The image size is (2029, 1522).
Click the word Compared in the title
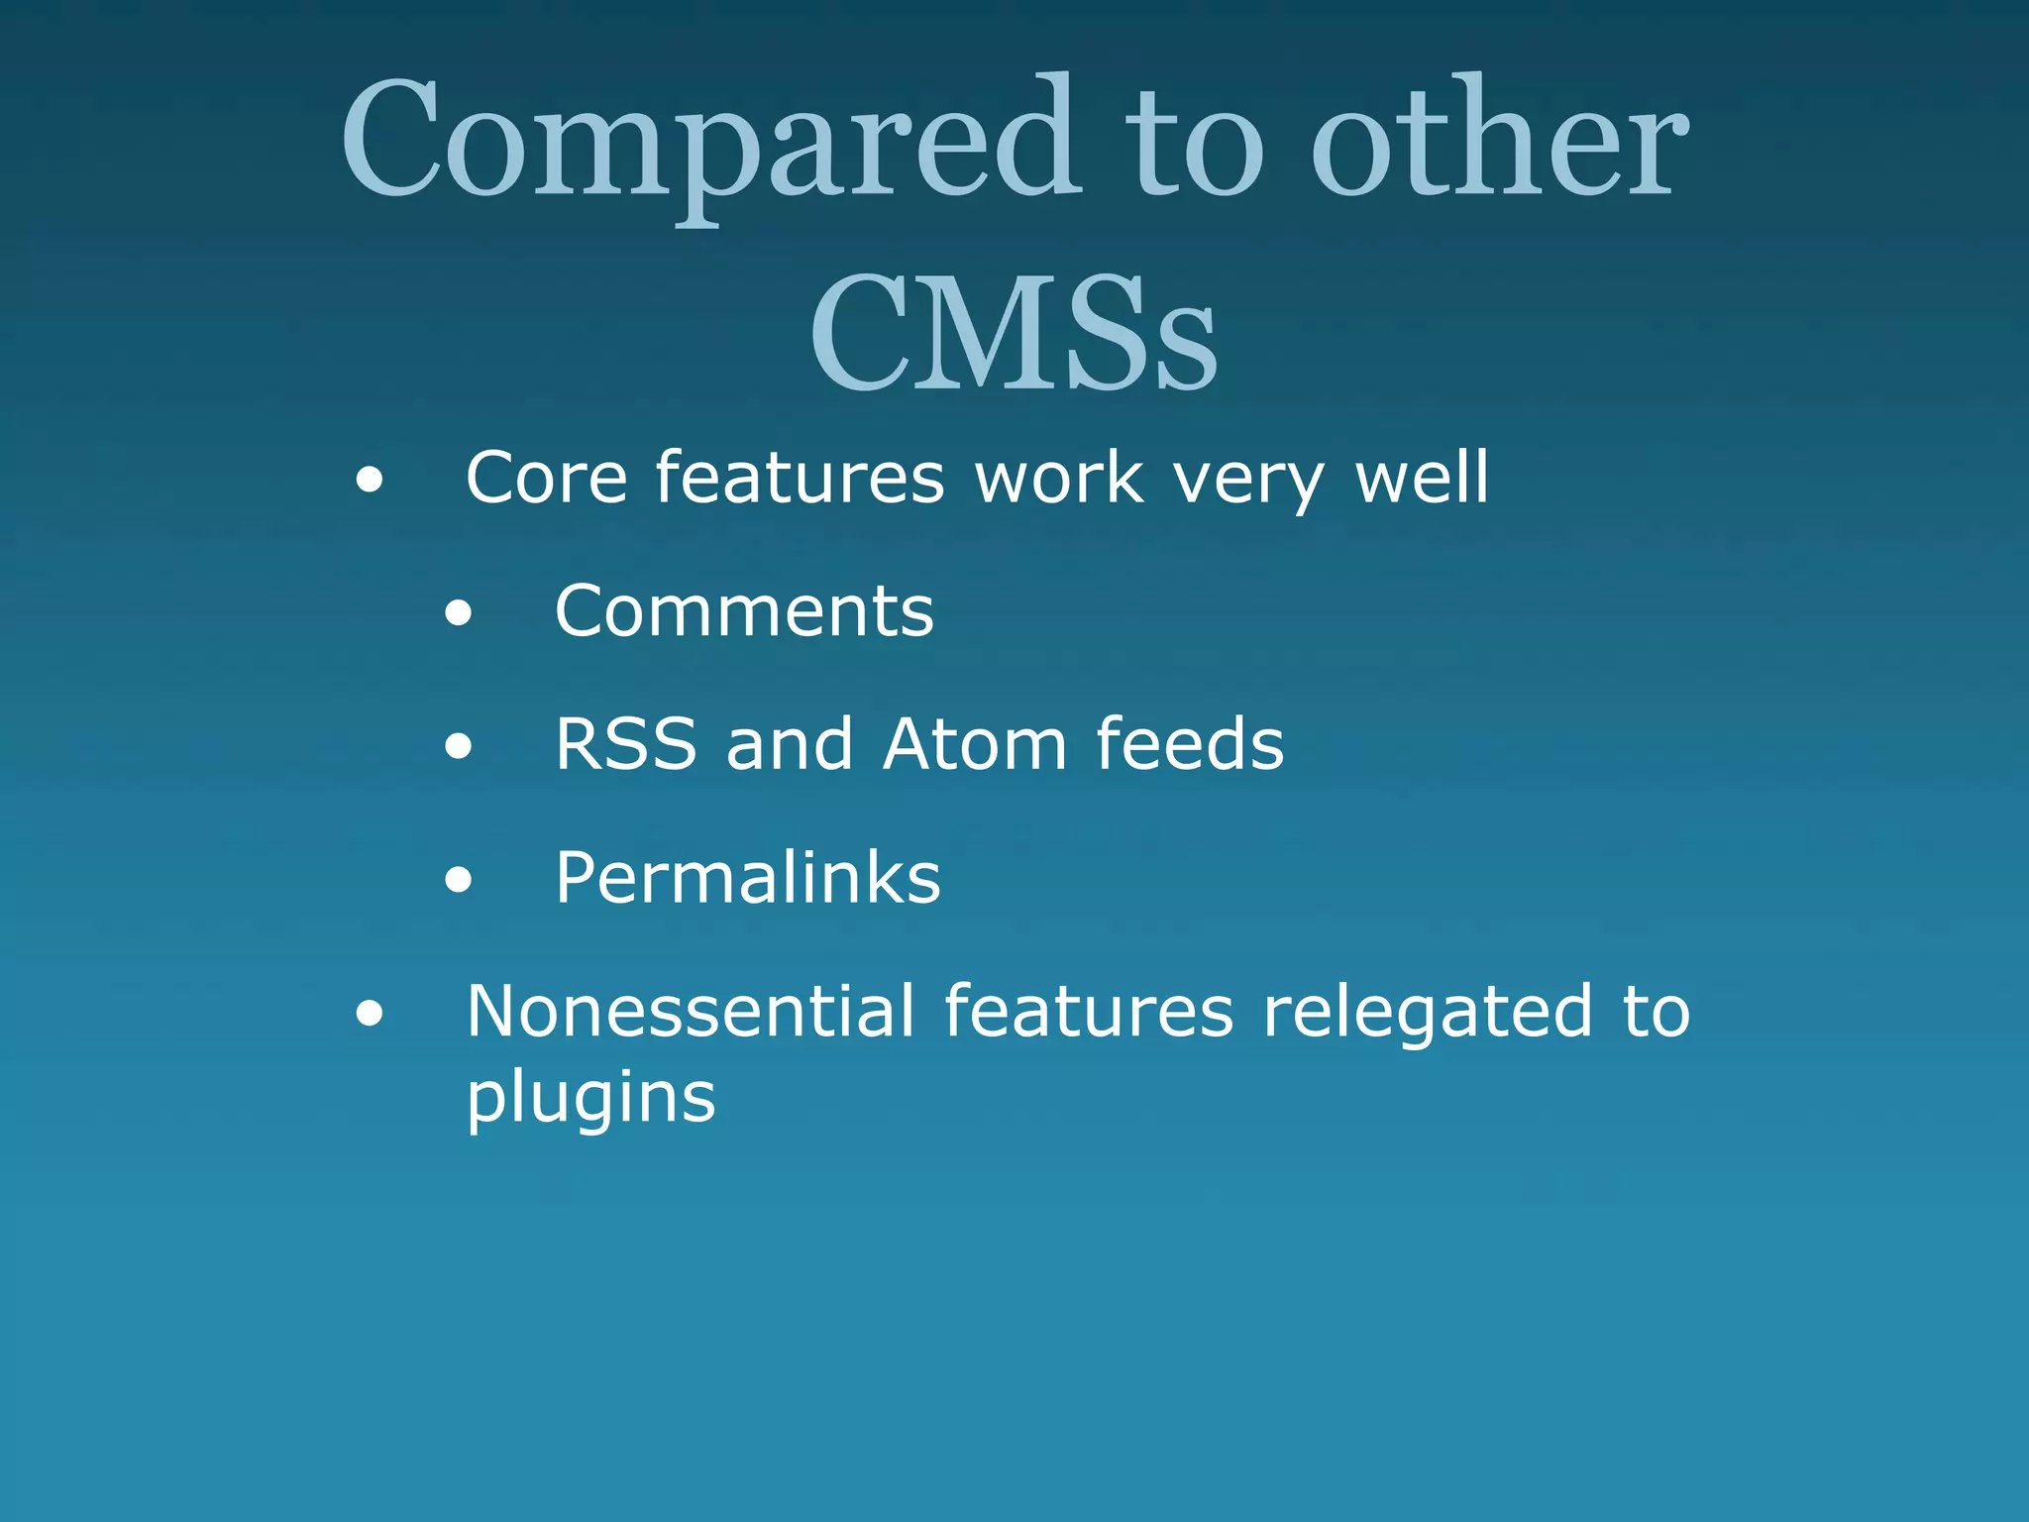pos(710,139)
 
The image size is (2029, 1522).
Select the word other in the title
pos(1499,139)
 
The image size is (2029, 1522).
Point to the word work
pos(1059,478)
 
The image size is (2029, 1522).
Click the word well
pos(1422,478)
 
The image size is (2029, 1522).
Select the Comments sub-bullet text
pos(744,610)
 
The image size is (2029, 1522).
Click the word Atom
pos(975,744)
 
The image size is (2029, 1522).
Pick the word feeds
pos(1190,744)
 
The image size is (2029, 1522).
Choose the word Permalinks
pos(747,878)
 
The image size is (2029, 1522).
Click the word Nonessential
pos(691,1012)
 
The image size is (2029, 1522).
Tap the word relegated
pos(1428,1012)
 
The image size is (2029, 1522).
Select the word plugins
pos(590,1098)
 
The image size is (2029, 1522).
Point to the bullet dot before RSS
pos(458,747)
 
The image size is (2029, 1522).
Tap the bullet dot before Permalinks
pos(458,880)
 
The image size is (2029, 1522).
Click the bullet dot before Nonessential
pos(370,1014)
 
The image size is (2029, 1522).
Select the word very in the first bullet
pos(1248,478)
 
